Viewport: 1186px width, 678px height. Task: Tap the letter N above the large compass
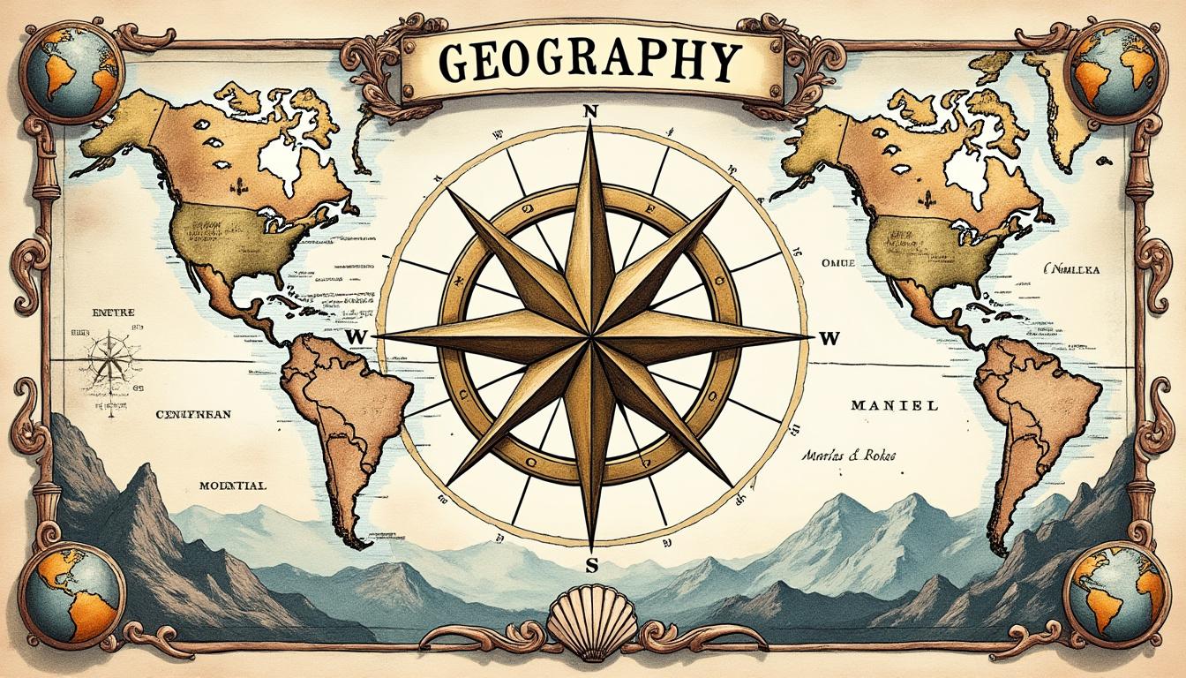tap(591, 112)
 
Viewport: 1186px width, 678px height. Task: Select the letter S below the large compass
tap(591, 565)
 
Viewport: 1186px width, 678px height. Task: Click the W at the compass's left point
tap(357, 337)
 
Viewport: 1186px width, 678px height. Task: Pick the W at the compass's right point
tap(828, 337)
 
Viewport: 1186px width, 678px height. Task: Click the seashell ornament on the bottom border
tap(578, 625)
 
